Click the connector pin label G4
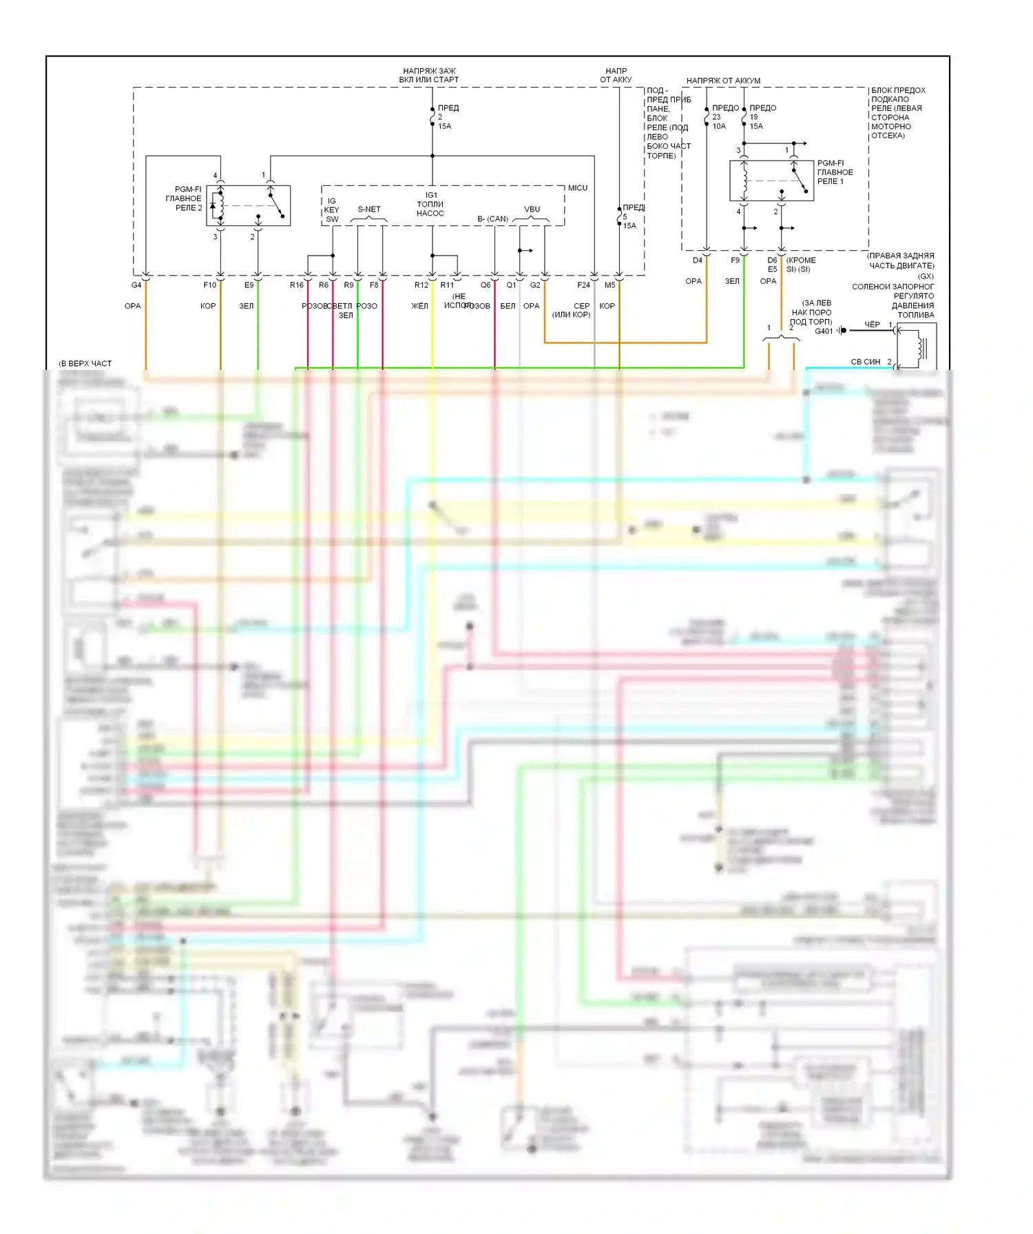point(136,285)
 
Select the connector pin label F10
point(209,285)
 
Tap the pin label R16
point(297,285)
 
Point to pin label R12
point(421,285)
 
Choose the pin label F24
point(583,285)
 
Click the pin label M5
point(609,285)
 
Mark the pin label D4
point(698,260)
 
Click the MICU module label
point(578,188)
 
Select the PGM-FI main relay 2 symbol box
point(248,205)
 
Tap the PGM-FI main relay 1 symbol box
point(771,181)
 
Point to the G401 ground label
point(824,331)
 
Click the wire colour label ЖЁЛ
point(419,306)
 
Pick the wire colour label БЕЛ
point(508,306)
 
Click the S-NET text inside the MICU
point(369,209)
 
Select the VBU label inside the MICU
point(532,209)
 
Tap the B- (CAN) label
point(493,219)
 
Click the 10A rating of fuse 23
point(719,126)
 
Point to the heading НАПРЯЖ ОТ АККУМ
point(723,81)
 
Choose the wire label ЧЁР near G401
point(872,325)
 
